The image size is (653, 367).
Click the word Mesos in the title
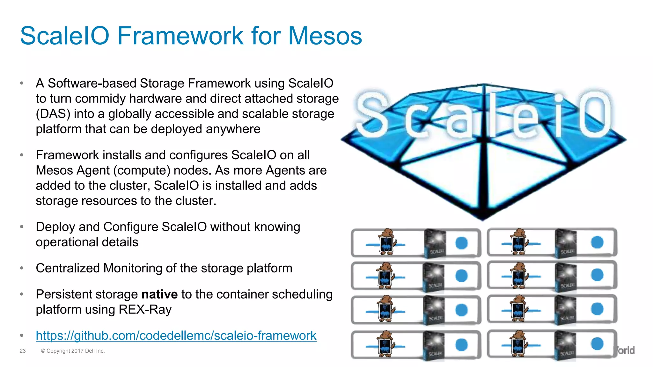coord(325,36)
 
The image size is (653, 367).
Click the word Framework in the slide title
coord(180,36)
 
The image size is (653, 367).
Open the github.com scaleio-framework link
coord(176,335)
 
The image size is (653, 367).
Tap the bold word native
coord(159,294)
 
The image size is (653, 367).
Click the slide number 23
coord(23,351)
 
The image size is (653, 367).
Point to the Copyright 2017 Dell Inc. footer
coord(73,351)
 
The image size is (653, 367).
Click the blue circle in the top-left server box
coord(461,243)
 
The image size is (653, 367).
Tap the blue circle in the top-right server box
coord(597,242)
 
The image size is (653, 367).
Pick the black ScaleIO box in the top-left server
coord(435,243)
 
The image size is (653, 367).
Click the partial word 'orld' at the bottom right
coord(625,350)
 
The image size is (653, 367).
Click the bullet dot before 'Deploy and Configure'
coord(22,227)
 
